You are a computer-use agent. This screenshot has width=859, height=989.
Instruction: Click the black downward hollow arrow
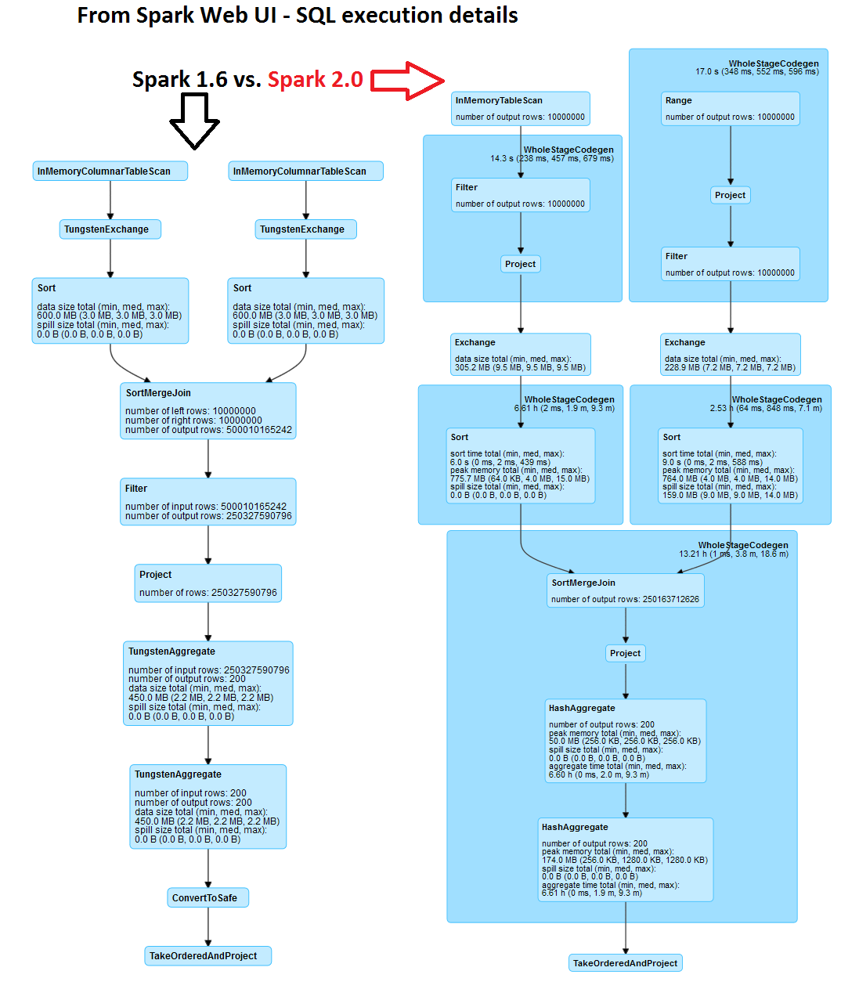tap(194, 120)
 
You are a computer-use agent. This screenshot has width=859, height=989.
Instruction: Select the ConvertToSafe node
tap(208, 897)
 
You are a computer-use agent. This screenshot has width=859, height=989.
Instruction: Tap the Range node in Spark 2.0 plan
tap(730, 108)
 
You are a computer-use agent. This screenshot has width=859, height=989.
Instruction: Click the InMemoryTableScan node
tap(520, 108)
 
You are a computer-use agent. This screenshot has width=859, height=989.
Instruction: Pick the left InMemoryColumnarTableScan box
tap(110, 171)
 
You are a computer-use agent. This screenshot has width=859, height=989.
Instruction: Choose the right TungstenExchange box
tap(305, 229)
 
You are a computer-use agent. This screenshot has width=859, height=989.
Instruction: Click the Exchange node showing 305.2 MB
tap(520, 354)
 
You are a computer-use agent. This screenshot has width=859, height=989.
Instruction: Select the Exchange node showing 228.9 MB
tap(730, 354)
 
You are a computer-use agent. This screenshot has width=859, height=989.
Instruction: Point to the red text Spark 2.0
tap(315, 80)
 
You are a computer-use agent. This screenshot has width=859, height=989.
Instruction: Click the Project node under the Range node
tap(730, 195)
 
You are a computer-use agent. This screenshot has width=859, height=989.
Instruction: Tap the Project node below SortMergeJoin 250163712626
tap(625, 653)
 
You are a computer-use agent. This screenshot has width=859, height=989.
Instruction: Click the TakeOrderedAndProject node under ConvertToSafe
tap(208, 955)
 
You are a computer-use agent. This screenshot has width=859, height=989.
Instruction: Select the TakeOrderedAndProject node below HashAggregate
tap(625, 963)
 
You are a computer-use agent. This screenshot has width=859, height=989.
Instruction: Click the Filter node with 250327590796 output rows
tap(208, 501)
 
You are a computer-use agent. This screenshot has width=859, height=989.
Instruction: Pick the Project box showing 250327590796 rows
tap(208, 583)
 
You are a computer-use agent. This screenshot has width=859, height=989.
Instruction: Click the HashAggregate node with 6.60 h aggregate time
tap(625, 741)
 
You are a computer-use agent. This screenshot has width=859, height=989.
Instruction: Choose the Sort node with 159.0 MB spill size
tap(730, 465)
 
